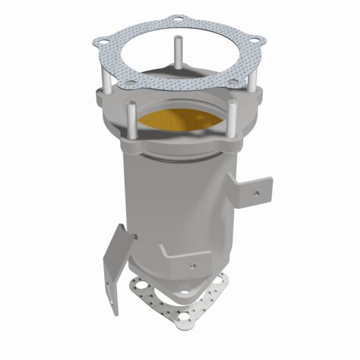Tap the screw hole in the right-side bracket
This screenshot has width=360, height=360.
point(256,193)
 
